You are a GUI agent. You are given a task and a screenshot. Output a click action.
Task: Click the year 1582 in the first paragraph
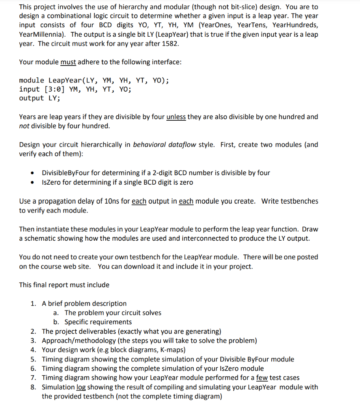tap(170, 43)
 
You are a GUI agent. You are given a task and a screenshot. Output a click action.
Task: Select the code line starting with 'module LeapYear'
tap(94, 80)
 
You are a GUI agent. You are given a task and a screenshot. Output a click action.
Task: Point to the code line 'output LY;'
tap(39, 98)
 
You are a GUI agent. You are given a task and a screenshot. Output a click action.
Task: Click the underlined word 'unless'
tap(176, 117)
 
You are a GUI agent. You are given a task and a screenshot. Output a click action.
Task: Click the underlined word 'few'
tap(262, 378)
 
